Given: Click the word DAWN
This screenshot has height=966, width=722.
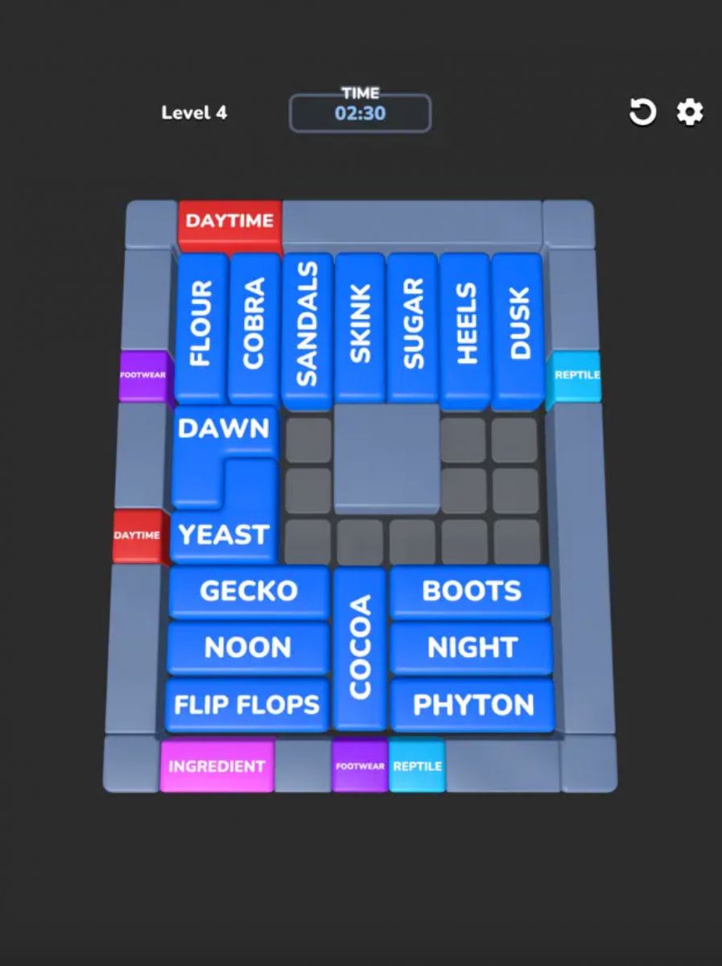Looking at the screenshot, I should [x=223, y=428].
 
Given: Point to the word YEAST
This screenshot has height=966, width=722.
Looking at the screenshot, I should [x=223, y=535].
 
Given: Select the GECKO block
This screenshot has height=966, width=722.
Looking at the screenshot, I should [x=249, y=591].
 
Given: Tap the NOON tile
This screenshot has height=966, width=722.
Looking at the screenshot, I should [x=248, y=647].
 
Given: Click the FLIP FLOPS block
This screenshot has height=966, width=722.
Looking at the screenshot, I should [x=247, y=705].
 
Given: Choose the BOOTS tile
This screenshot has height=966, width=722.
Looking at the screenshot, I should [x=472, y=591].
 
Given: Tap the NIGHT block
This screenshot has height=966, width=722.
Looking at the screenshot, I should [x=472, y=647].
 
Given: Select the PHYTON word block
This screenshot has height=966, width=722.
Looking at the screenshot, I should [x=473, y=705].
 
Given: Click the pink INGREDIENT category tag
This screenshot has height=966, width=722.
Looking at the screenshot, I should [x=217, y=766].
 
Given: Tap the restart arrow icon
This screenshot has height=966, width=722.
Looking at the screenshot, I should [x=642, y=112].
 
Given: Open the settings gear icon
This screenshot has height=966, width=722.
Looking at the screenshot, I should [x=690, y=112].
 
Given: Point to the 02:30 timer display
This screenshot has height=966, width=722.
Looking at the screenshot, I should [x=360, y=114].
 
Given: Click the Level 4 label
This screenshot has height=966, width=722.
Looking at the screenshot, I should [x=194, y=113].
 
